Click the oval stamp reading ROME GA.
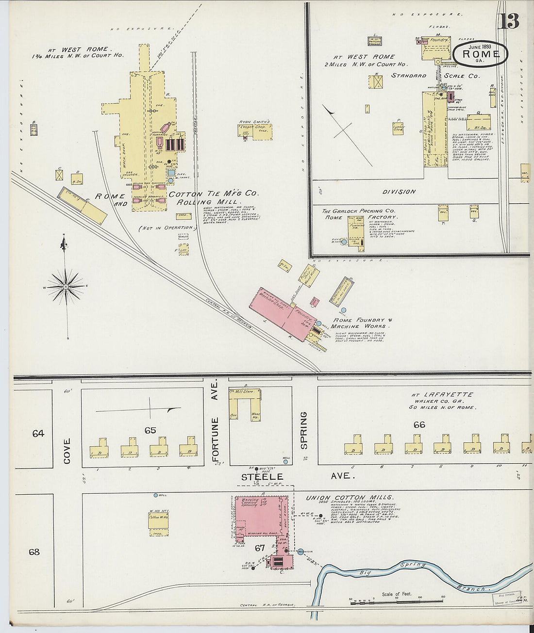(x=481, y=53)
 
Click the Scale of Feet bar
(x=397, y=601)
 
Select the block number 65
(x=150, y=430)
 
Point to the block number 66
(x=419, y=424)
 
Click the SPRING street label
(x=304, y=430)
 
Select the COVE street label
(x=67, y=451)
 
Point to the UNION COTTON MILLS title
(x=350, y=498)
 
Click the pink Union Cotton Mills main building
(x=260, y=517)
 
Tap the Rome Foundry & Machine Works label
(x=362, y=323)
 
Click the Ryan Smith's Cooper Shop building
(x=255, y=131)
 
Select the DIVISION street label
(x=399, y=192)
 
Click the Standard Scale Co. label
(x=435, y=76)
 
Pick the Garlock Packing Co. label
(x=359, y=211)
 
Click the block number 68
(x=34, y=552)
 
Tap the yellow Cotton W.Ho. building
(x=158, y=521)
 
